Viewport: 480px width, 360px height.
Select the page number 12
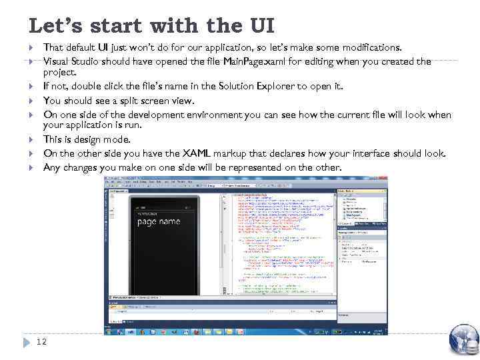(x=41, y=341)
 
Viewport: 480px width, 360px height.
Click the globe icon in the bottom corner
(x=464, y=339)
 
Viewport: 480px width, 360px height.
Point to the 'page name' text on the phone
(x=159, y=221)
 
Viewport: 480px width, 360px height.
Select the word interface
(x=369, y=153)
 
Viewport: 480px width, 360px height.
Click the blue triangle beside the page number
(x=27, y=342)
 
